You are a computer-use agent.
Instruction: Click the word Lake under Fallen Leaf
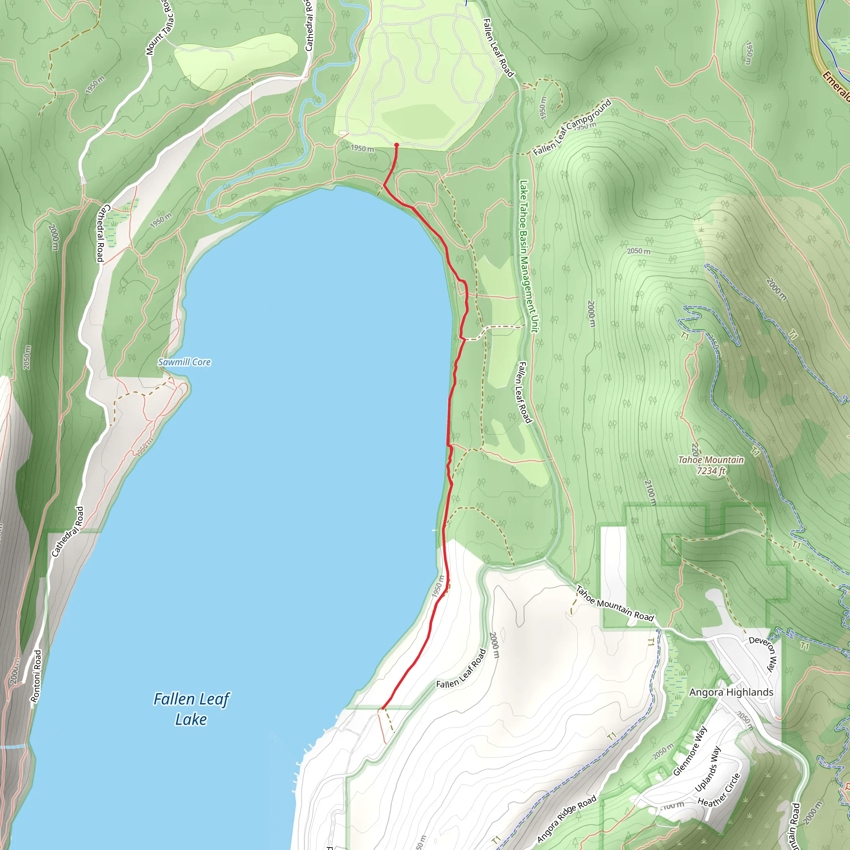(x=191, y=720)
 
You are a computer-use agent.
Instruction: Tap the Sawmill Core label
(x=184, y=362)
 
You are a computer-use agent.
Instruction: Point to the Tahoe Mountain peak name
(x=711, y=460)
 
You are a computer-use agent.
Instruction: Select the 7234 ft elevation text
(x=711, y=471)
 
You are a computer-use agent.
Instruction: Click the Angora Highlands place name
(x=731, y=693)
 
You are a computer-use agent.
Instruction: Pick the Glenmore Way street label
(x=690, y=750)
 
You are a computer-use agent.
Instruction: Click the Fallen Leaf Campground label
(x=572, y=127)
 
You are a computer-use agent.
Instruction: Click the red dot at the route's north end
(x=396, y=145)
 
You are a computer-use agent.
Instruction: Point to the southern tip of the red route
(x=382, y=709)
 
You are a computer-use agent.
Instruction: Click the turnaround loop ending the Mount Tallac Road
(x=83, y=179)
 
